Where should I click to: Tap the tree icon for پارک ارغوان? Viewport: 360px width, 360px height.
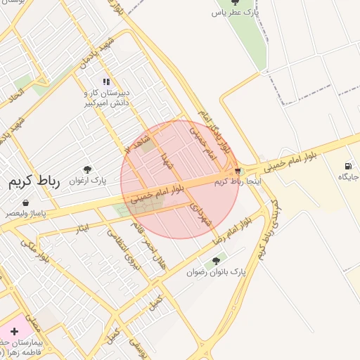click(87, 169)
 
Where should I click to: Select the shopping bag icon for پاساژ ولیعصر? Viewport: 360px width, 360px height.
click(26, 203)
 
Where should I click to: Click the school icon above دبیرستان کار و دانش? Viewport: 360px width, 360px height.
click(106, 82)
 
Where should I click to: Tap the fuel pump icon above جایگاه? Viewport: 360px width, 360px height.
click(349, 166)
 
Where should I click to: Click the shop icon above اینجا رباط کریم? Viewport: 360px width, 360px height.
click(238, 171)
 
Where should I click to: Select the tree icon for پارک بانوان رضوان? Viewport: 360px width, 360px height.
click(215, 262)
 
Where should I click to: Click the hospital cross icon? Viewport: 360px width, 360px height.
click(14, 330)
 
